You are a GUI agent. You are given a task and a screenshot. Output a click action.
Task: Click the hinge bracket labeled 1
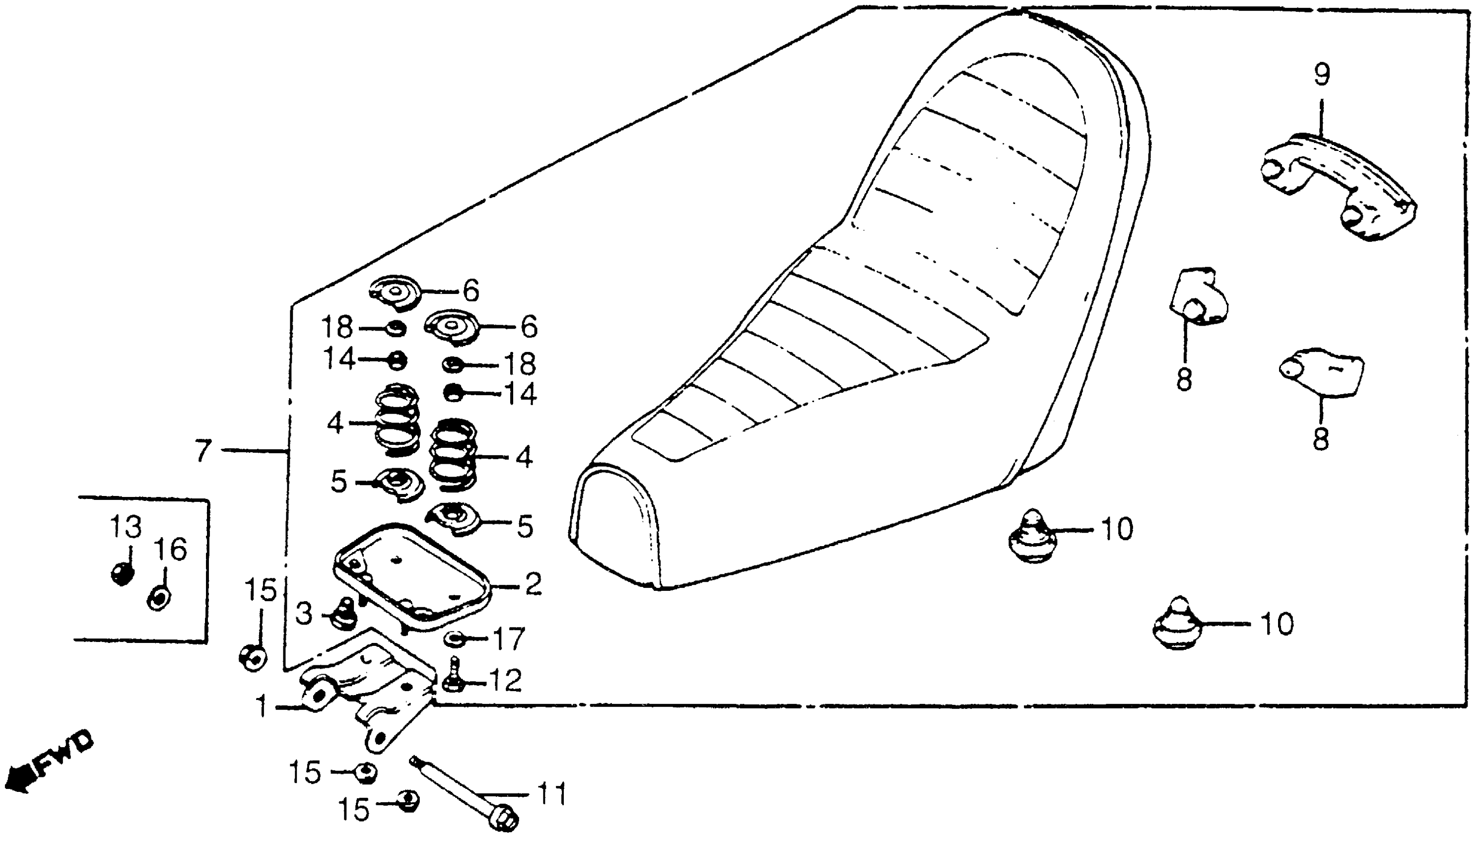click(365, 696)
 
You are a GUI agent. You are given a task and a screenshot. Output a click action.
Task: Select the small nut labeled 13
click(122, 574)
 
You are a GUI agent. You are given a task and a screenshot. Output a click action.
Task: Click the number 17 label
click(508, 639)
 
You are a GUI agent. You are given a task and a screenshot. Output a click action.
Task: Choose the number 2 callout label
click(533, 584)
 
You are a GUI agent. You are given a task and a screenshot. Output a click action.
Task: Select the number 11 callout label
click(551, 794)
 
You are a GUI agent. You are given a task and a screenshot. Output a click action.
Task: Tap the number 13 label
click(126, 527)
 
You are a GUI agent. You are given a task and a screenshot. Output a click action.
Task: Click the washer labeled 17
click(453, 639)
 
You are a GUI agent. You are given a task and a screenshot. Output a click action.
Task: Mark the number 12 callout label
click(505, 681)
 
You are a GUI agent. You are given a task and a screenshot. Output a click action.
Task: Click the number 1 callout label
click(262, 707)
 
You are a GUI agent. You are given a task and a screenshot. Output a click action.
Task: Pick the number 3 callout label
click(304, 614)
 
